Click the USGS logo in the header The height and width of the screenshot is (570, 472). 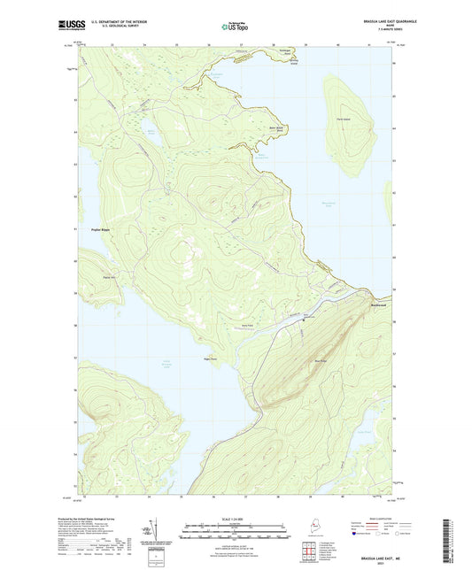(67, 25)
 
